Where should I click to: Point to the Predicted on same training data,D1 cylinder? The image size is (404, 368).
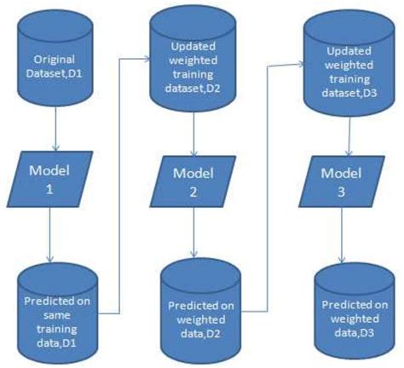point(57,312)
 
